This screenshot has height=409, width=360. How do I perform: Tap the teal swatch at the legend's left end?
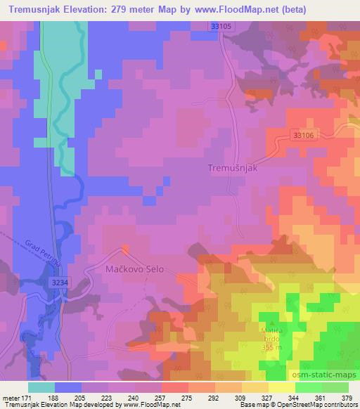tap(42, 387)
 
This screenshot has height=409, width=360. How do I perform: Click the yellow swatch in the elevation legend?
tap(281, 387)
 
